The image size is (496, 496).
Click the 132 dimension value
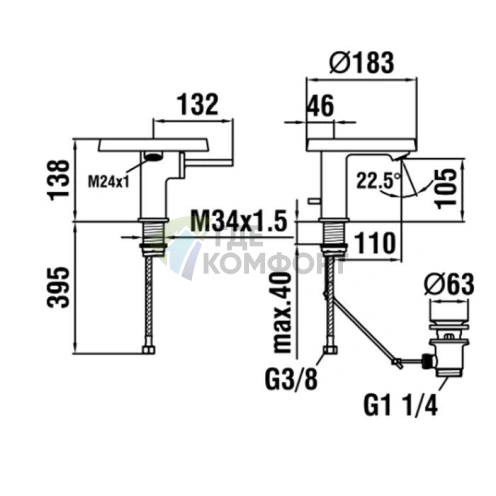[198, 104]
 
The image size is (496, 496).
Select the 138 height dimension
[59, 180]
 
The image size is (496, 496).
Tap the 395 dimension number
[59, 287]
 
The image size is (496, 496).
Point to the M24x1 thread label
[108, 182]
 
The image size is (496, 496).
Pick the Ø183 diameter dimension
[362, 63]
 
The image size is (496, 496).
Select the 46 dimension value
[320, 106]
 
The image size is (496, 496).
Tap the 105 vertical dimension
[446, 189]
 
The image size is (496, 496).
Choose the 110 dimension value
[375, 243]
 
